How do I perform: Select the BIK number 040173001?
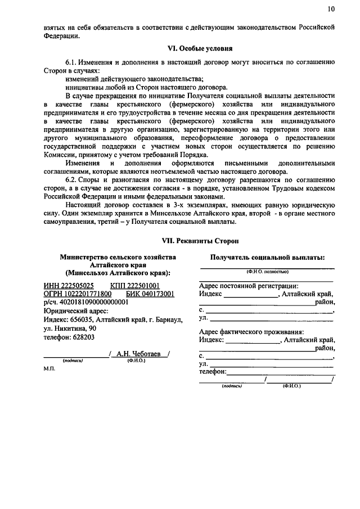[x=150, y=294]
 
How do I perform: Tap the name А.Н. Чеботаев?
[x=139, y=353]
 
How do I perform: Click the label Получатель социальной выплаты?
[x=267, y=257]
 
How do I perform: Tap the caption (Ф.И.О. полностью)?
[x=267, y=272]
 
